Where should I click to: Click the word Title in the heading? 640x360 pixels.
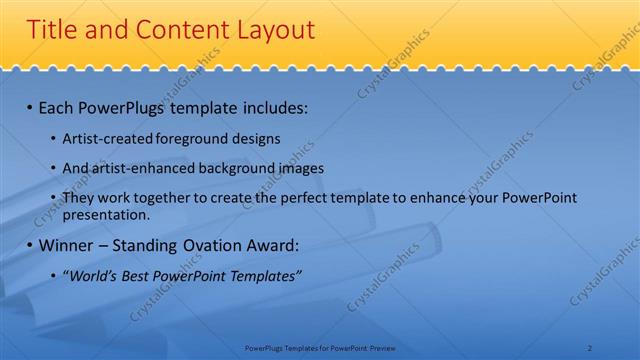51,30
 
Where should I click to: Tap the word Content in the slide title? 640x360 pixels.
170,30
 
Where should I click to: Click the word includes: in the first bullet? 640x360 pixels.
273,106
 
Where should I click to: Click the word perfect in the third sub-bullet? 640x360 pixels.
311,198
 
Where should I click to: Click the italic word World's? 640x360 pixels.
91,275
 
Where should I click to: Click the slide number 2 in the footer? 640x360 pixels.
590,347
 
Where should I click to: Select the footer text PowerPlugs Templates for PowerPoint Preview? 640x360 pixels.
320,347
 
